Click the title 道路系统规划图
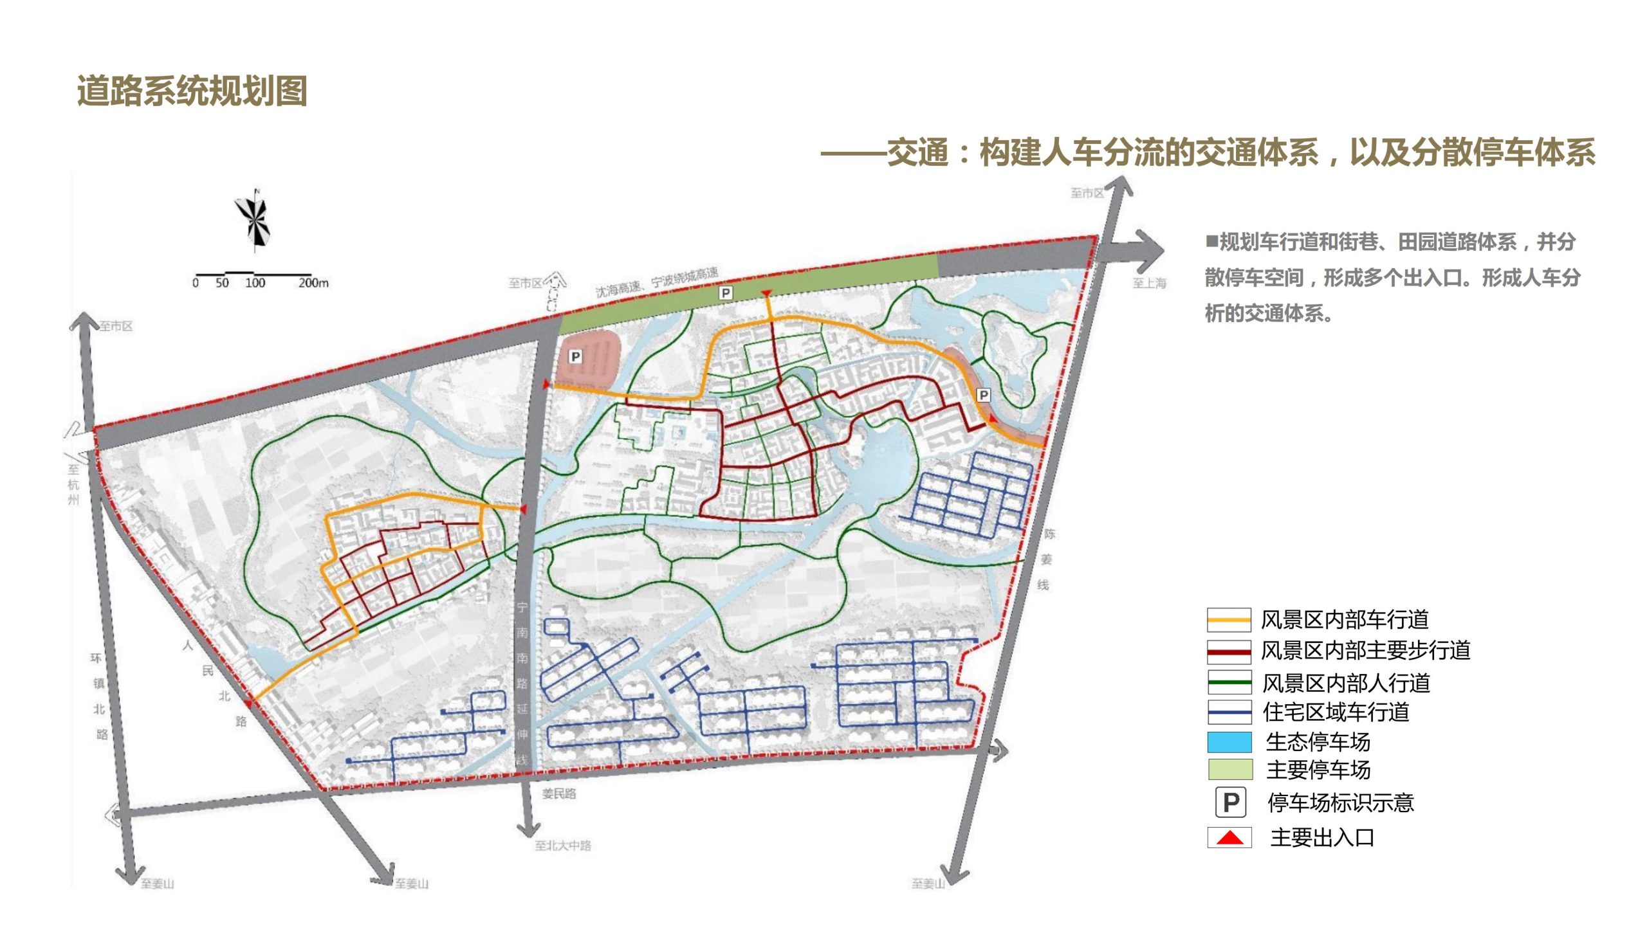click(x=192, y=91)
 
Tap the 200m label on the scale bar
click(x=313, y=283)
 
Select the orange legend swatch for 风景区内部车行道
click(x=1229, y=620)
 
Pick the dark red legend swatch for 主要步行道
click(x=1229, y=651)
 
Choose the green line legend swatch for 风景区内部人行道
click(x=1229, y=682)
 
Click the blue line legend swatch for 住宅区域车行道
click(x=1229, y=713)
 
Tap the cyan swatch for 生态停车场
click(x=1229, y=742)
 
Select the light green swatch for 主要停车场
click(x=1229, y=770)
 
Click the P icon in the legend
click(x=1230, y=803)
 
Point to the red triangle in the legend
click(x=1229, y=838)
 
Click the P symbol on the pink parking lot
click(x=575, y=356)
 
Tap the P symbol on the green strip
click(x=725, y=293)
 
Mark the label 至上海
click(x=1149, y=283)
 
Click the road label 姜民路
click(x=558, y=794)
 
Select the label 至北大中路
click(x=562, y=846)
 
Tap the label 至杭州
click(x=73, y=484)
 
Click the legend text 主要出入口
click(x=1322, y=838)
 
